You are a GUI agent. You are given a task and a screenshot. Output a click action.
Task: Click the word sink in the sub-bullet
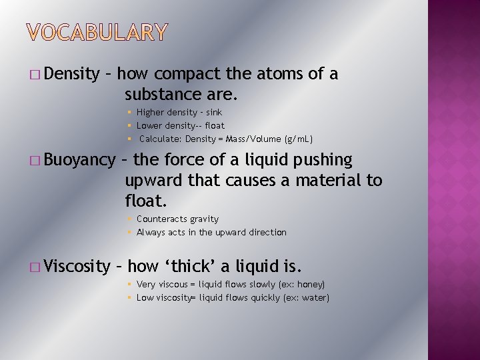(x=214, y=113)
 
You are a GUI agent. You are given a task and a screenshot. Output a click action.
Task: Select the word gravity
(x=204, y=219)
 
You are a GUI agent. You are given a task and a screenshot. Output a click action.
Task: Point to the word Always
(x=149, y=232)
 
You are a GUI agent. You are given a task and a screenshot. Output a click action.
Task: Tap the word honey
(x=310, y=285)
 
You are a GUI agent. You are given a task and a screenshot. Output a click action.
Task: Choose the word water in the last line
(x=315, y=297)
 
